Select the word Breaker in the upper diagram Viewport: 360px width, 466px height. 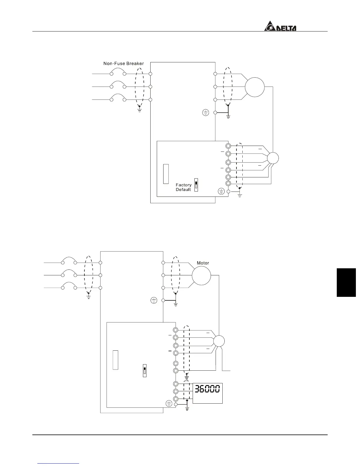tap(135, 64)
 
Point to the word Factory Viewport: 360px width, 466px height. tap(184, 185)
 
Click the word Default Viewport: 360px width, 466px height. tap(183, 190)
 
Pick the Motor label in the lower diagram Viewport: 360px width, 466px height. tap(203, 263)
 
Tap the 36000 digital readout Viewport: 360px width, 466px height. tap(208, 389)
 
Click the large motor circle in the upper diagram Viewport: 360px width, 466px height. tap(255, 87)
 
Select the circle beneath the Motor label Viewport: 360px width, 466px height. tap(201, 275)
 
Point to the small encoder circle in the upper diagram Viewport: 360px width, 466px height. tap(273, 158)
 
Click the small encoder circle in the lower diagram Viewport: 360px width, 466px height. tap(219, 341)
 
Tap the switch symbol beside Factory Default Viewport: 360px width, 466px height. tap(196, 185)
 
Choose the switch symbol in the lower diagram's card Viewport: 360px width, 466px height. tap(144, 370)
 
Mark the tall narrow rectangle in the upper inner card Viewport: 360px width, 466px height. tap(166, 174)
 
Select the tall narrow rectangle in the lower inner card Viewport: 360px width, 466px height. tap(116, 360)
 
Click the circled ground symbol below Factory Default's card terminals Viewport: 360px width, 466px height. tap(221, 192)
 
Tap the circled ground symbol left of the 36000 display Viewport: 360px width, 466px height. tap(169, 404)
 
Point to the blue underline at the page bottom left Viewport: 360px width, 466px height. tap(59, 464)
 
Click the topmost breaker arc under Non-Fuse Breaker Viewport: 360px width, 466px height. tap(118, 71)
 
